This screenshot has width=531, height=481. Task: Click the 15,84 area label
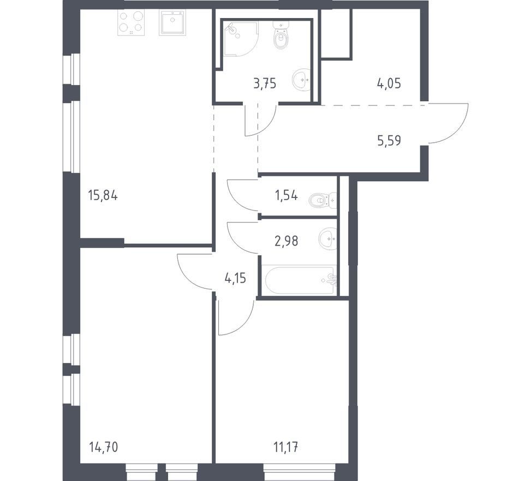[x=103, y=195]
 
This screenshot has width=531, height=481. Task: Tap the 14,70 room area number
[x=104, y=447]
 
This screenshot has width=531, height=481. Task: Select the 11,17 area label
[x=285, y=447]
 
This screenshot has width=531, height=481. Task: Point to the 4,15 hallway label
[x=235, y=279]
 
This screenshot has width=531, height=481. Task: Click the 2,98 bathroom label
[x=287, y=241]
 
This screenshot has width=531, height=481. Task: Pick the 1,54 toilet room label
[x=286, y=195]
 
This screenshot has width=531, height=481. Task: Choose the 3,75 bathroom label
[x=265, y=83]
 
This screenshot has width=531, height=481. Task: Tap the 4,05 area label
[x=389, y=83]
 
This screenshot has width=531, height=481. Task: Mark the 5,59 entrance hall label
[x=389, y=140]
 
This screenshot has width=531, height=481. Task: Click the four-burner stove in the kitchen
[x=131, y=22]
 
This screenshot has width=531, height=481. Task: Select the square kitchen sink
[x=172, y=22]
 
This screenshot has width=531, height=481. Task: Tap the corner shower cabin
[x=240, y=38]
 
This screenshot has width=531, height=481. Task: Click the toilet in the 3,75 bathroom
[x=281, y=34]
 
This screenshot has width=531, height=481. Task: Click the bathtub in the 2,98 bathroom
[x=300, y=280]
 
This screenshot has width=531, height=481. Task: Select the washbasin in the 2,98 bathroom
[x=327, y=238]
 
